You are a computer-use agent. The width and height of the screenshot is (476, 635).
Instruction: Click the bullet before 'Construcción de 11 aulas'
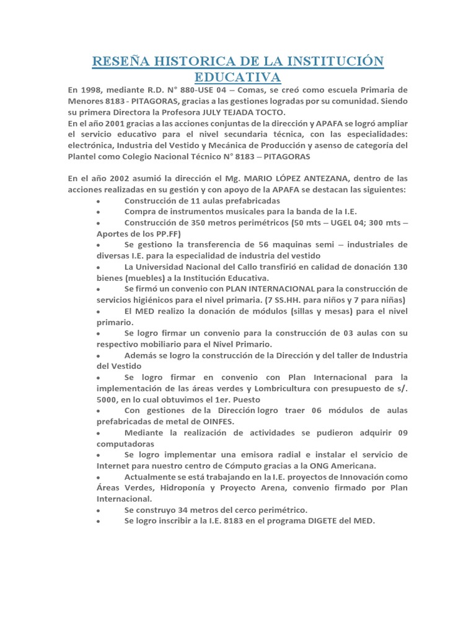pyautogui.click(x=100, y=202)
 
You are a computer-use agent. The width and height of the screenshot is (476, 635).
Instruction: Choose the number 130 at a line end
pyautogui.click(x=400, y=267)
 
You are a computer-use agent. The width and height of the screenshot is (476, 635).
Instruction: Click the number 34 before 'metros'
pyautogui.click(x=183, y=509)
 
